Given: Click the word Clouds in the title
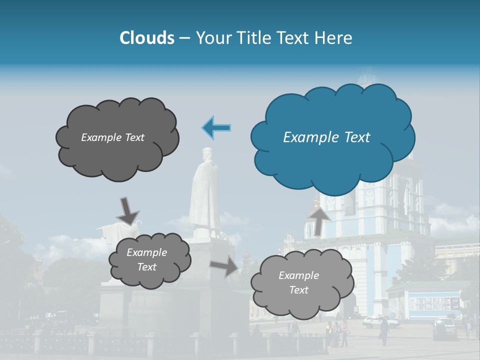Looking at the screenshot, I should [146, 38].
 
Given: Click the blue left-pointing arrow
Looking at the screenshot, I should [216, 127].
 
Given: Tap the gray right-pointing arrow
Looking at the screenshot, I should [224, 266].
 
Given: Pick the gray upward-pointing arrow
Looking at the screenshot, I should [318, 220].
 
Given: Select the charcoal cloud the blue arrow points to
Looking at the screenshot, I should [117, 138].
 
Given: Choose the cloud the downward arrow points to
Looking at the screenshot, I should [149, 260].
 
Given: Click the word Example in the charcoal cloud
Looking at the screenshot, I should [100, 137].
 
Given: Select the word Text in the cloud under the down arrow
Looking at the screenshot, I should [147, 267].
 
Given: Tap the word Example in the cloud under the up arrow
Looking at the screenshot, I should [298, 275].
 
